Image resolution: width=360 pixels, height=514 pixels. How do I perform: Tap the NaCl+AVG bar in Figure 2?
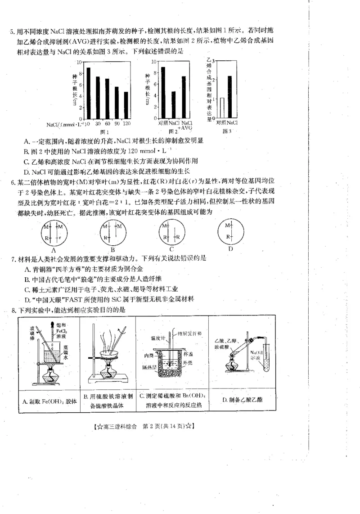(x=184, y=97)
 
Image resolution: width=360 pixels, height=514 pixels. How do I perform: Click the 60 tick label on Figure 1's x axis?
(x=107, y=123)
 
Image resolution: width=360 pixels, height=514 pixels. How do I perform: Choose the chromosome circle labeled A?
(x=54, y=231)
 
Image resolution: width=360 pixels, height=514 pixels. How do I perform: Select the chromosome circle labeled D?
(x=230, y=231)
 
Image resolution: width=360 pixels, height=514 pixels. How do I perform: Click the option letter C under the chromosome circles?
(x=172, y=249)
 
